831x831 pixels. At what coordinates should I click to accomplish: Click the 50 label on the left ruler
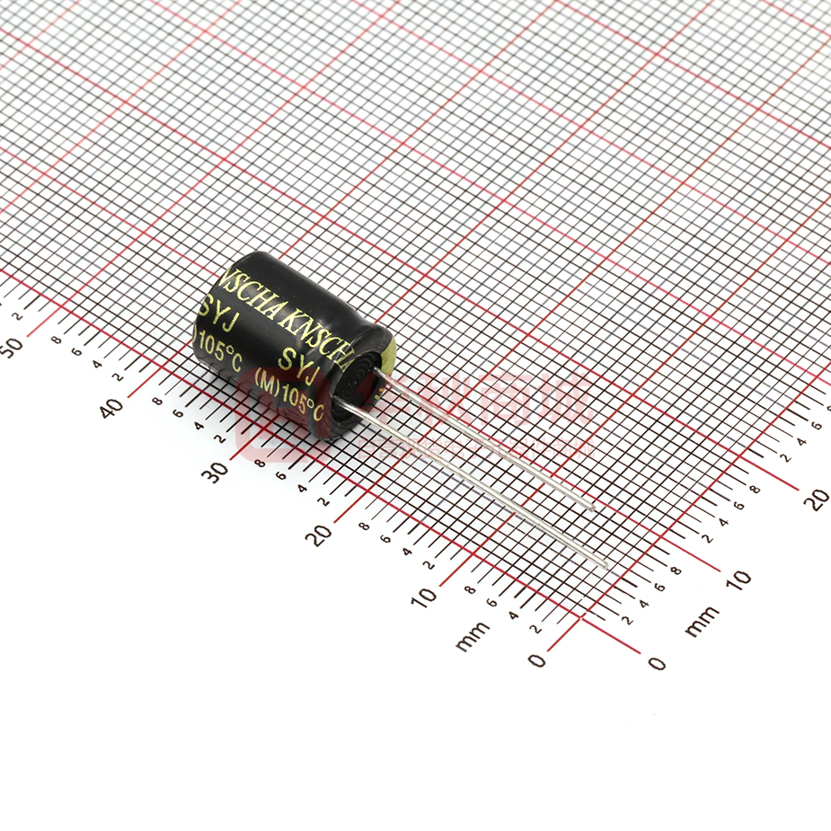click(12, 347)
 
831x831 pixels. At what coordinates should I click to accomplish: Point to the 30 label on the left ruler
click(216, 471)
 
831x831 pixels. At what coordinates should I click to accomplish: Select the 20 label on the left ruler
click(318, 534)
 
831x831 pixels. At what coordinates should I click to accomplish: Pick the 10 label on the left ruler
click(423, 595)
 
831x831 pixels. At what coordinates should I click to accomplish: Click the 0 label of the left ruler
click(536, 661)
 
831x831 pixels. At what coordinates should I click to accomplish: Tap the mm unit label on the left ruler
click(473, 635)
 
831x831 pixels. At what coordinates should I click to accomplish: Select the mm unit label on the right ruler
click(702, 621)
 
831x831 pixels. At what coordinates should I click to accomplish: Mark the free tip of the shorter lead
click(592, 508)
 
